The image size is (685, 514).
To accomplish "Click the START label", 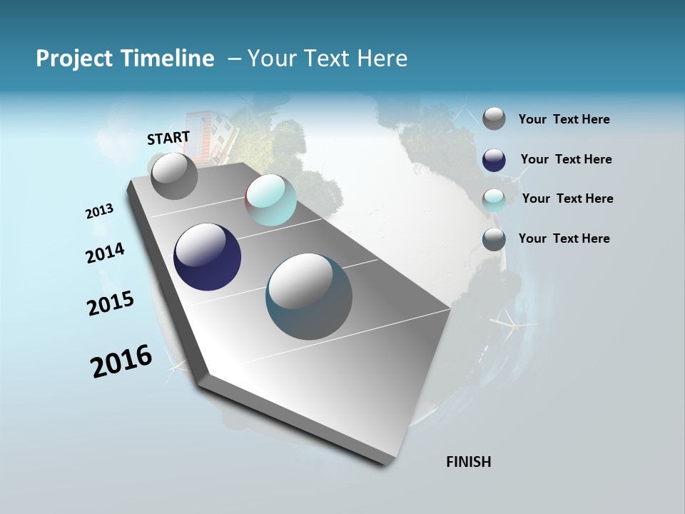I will pos(168,138).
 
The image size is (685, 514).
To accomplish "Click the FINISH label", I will pos(468,462).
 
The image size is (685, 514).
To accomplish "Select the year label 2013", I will pos(99,211).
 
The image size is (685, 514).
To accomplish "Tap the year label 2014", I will pos(105,253).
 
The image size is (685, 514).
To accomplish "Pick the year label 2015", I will pos(111,303).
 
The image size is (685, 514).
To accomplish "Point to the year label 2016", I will pos(121,361).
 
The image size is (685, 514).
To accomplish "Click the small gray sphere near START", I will pos(174,176).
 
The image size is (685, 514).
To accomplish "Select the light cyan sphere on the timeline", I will pos(271,200).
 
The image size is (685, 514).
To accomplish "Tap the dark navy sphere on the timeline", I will pos(207,257).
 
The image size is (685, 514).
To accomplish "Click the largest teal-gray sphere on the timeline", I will pos(309,296).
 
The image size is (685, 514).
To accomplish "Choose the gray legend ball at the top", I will pos(494,119).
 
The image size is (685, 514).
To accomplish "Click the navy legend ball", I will pos(494,160).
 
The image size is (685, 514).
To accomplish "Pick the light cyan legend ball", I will pos(494,200).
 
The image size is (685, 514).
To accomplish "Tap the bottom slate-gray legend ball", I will pos(494,239).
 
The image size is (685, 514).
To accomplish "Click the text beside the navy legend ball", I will pos(566,159).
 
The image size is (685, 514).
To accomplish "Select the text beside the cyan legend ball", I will pos(567,198).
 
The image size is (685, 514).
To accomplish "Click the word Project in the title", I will pos(74,59).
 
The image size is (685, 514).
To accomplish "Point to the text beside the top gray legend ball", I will pos(564,119).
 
